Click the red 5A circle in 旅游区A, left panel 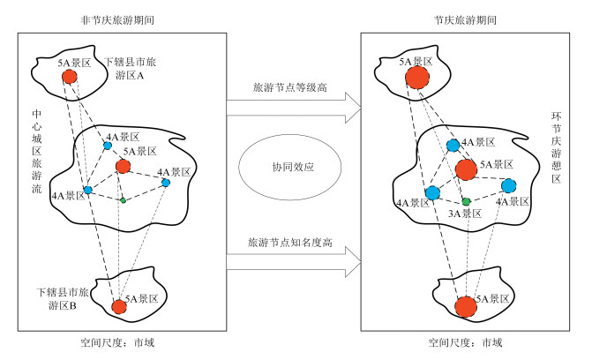pyautogui.click(x=70, y=78)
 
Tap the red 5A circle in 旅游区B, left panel pyautogui.click(x=119, y=307)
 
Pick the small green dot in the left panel pyautogui.click(x=124, y=200)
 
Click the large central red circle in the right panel pyautogui.click(x=466, y=169)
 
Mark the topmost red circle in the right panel pyautogui.click(x=417, y=79)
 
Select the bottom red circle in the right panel pyautogui.click(x=465, y=307)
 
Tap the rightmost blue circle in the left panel pyautogui.click(x=166, y=183)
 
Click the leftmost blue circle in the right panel pyautogui.click(x=432, y=192)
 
